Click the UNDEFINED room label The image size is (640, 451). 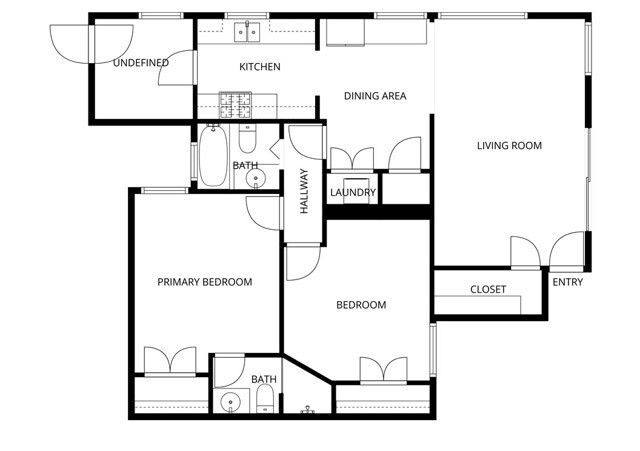click(140, 63)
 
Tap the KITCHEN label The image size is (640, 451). click(259, 67)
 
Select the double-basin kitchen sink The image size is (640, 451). click(247, 32)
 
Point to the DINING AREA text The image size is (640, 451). click(374, 96)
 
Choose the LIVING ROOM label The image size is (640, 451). click(508, 146)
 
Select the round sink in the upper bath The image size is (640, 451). click(256, 180)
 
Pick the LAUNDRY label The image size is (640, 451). click(352, 193)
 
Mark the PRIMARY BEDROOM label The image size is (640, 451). click(204, 282)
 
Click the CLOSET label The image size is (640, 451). click(488, 290)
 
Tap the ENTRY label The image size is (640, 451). click(567, 282)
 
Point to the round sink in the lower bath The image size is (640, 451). click(232, 404)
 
